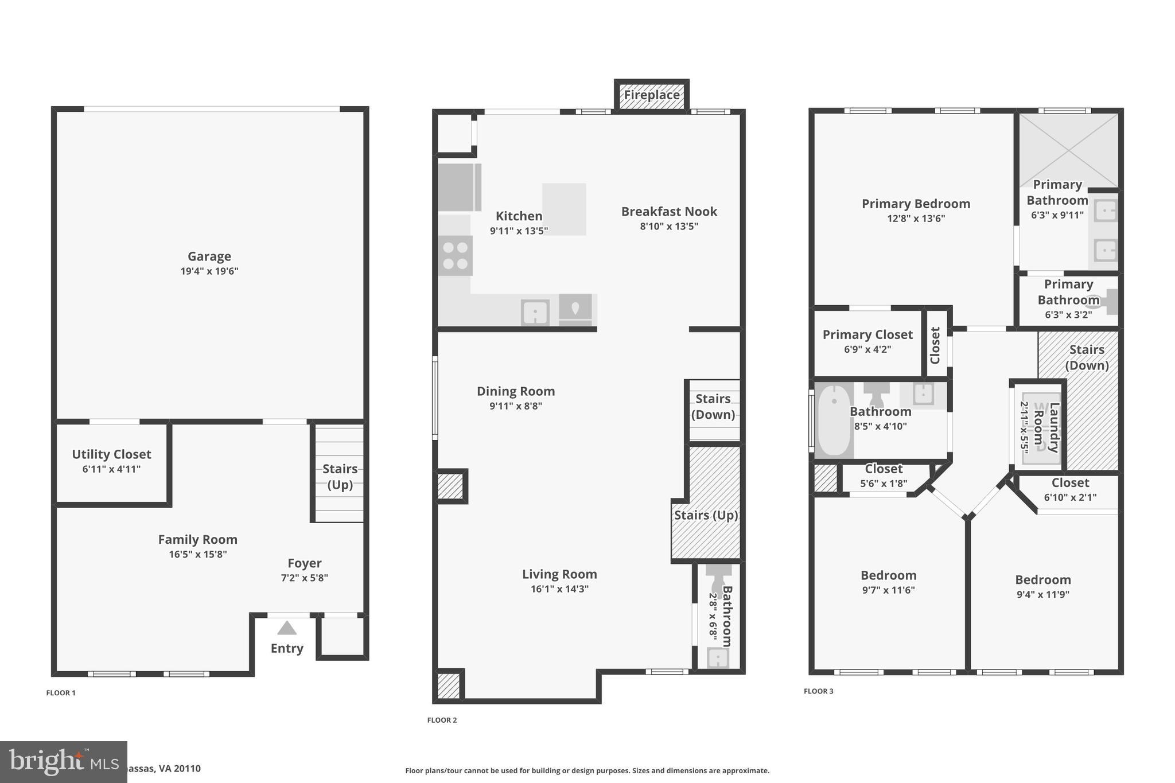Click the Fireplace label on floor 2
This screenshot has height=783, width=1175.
pos(651,95)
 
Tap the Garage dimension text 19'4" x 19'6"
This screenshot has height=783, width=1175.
pos(209,271)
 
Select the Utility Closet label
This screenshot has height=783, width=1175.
pos(111,454)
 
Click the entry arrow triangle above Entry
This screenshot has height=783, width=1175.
pos(287,629)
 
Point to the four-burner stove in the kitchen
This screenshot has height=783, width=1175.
pos(456,256)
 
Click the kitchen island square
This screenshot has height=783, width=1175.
pos(564,209)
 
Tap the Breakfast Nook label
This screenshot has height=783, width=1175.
pos(669,212)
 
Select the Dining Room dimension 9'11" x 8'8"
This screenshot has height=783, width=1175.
pos(515,406)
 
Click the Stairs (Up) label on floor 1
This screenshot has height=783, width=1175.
pos(340,477)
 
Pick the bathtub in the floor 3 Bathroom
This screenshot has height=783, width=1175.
pos(834,420)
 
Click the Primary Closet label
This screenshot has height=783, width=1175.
pos(867,335)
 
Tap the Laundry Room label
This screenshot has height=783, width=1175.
pos(1046,427)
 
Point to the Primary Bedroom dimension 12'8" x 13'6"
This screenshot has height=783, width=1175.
pos(916,219)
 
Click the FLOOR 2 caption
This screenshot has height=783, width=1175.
pos(442,720)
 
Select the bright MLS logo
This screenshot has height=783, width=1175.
pos(63,762)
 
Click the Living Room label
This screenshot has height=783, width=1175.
pos(559,574)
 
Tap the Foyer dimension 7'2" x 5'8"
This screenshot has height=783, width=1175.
pos(304,578)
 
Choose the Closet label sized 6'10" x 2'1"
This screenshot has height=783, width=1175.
pos(1070,483)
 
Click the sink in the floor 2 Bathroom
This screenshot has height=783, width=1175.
pos(717,657)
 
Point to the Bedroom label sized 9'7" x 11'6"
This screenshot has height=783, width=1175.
pos(888,575)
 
